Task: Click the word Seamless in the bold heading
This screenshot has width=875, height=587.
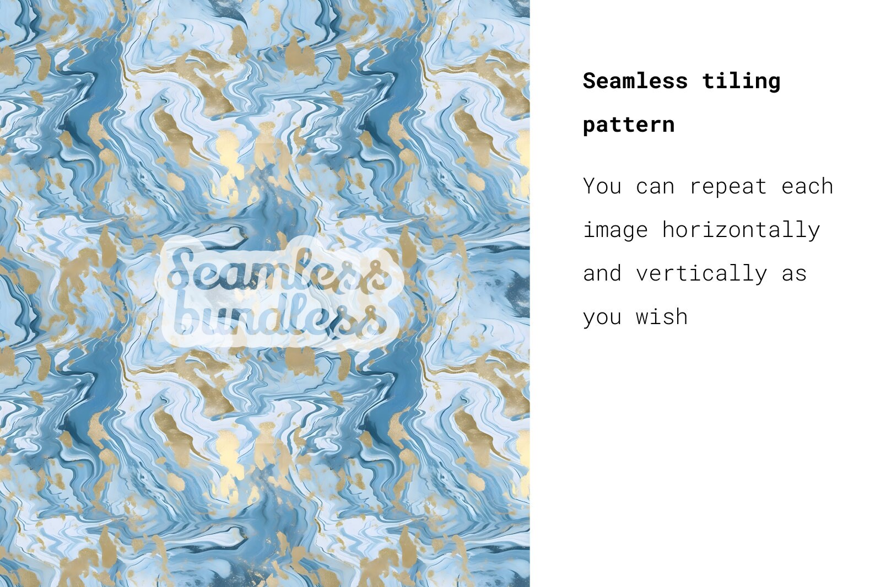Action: pyautogui.click(x=635, y=81)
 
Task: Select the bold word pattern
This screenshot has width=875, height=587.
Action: pyautogui.click(x=629, y=125)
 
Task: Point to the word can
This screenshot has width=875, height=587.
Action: pyautogui.click(x=655, y=187)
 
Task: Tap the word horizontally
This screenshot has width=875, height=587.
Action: pyautogui.click(x=741, y=229)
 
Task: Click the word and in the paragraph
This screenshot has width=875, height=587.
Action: pyautogui.click(x=602, y=273)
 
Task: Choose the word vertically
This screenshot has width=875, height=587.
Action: pyautogui.click(x=701, y=273)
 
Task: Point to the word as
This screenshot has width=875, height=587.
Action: pyautogui.click(x=794, y=274)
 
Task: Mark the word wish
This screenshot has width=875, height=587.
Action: pyautogui.click(x=662, y=317)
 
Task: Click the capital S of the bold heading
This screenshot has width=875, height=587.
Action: pyautogui.click(x=590, y=81)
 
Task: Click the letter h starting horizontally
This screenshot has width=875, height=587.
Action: pyautogui.click(x=668, y=229)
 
